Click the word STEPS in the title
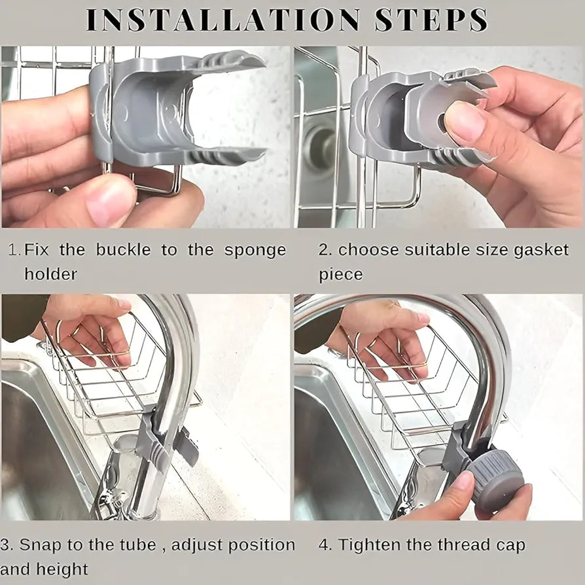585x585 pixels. pyautogui.click(x=431, y=20)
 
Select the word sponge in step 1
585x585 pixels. pyautogui.click(x=255, y=250)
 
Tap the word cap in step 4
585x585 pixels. pyautogui.click(x=510, y=544)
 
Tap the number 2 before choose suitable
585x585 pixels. pyautogui.click(x=323, y=250)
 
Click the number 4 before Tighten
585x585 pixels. pyautogui.click(x=323, y=544)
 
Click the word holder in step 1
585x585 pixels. pyautogui.click(x=50, y=274)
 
